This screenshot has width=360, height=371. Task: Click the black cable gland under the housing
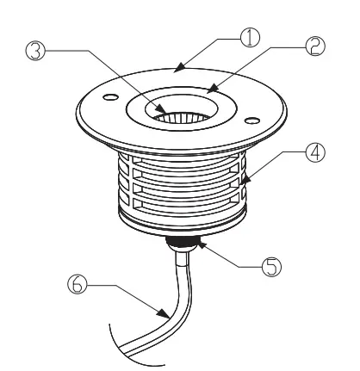point(183,244)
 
